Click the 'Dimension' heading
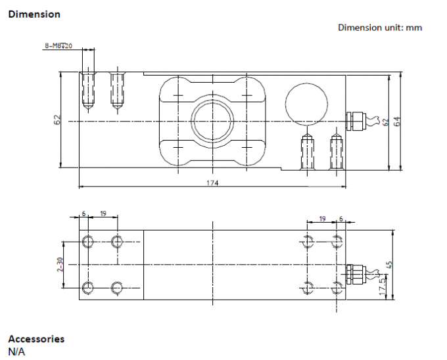coord(34,14)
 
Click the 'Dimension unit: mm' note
coord(380,28)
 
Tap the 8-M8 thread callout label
coord(59,45)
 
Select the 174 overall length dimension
coord(212,183)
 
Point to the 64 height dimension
coord(397,122)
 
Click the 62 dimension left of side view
coord(57,120)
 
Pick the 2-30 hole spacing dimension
coord(60,265)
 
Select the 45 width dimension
coord(390,265)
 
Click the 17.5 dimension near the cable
coord(383,286)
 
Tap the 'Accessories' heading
coord(36,339)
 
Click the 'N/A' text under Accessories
coord(16,351)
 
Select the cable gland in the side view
coord(356,122)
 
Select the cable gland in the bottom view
coord(356,274)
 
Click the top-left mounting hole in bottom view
coord(88,242)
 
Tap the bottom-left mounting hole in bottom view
coord(88,288)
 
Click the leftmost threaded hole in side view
coord(88,90)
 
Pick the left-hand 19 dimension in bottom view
coord(103,214)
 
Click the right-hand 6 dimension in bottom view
coord(341,219)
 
